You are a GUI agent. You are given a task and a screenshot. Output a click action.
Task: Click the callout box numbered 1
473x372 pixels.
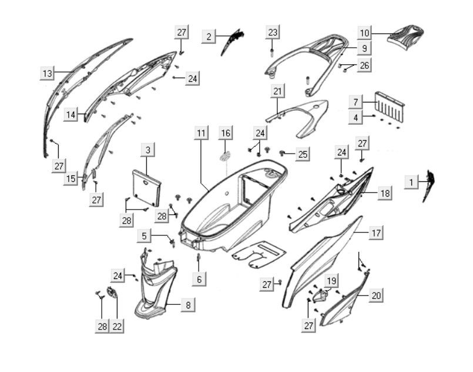(x=412, y=183)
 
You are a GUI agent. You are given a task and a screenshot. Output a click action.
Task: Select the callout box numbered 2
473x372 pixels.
(x=209, y=37)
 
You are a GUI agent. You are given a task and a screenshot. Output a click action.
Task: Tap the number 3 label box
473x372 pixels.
(x=148, y=151)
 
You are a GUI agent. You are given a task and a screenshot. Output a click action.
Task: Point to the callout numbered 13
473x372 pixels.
(x=47, y=74)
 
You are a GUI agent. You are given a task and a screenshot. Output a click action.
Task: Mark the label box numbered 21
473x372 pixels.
(x=277, y=91)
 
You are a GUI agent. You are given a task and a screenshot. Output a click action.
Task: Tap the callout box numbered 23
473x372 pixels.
(x=273, y=32)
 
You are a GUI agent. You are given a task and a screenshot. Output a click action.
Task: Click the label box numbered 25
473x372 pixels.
(x=302, y=154)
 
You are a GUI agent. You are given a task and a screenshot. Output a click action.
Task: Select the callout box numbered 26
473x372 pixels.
(x=364, y=65)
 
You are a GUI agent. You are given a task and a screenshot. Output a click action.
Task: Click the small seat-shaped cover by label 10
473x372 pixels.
(x=406, y=33)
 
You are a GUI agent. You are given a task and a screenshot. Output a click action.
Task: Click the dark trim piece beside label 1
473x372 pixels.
(x=428, y=185)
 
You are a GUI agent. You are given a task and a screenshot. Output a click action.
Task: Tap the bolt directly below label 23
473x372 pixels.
(x=273, y=52)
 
